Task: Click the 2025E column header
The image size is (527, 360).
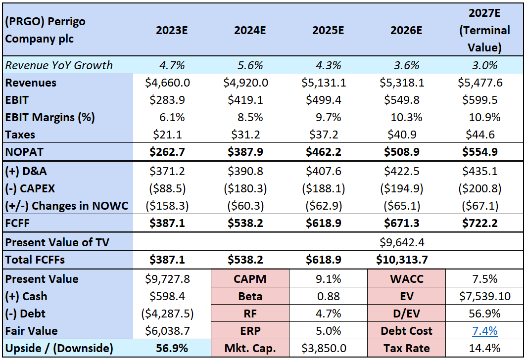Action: [328, 30]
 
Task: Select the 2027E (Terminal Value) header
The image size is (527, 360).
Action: [484, 30]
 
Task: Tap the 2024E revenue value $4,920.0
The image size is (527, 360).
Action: [246, 83]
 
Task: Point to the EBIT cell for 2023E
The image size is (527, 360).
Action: [167, 100]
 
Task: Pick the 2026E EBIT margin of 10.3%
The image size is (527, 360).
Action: [406, 117]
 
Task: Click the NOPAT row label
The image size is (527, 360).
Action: [24, 152]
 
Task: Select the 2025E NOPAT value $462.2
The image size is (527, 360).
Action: [323, 152]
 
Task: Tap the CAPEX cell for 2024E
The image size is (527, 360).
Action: [245, 188]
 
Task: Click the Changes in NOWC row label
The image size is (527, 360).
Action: [66, 206]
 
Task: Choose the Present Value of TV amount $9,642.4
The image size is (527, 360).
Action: [402, 242]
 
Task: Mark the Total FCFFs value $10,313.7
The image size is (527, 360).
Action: [402, 260]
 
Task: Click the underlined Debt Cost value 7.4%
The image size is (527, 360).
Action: [484, 331]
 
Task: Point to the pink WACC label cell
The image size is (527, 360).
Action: [407, 279]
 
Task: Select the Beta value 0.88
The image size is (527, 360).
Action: [329, 296]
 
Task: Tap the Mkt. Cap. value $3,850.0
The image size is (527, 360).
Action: [324, 348]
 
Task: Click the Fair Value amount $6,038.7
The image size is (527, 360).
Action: [167, 331]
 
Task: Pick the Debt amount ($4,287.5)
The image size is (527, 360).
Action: [167, 314]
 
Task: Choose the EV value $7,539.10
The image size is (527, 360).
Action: [484, 296]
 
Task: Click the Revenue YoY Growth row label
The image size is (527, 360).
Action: [59, 65]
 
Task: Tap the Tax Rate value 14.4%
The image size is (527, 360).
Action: [484, 348]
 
